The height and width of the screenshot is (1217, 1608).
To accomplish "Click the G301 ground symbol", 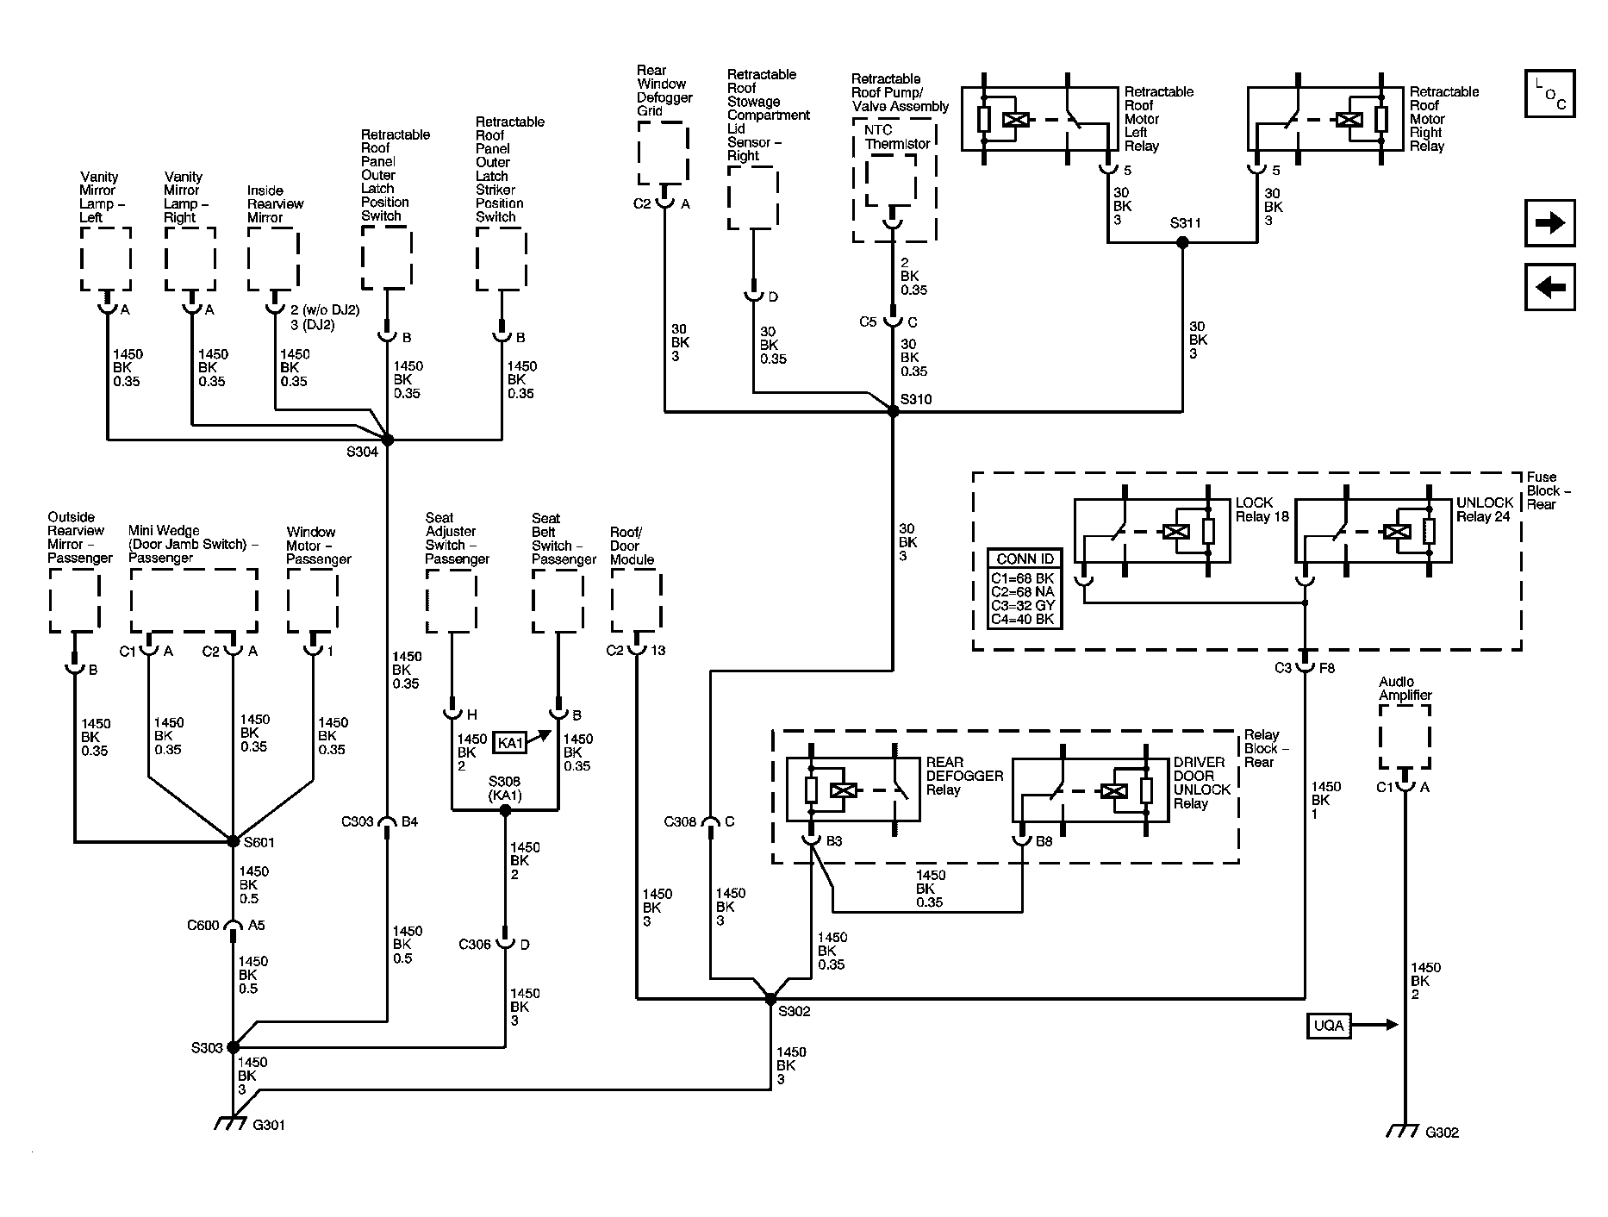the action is (228, 1124).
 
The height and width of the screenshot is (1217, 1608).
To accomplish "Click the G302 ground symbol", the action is (1402, 1131).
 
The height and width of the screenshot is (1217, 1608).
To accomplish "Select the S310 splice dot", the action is (893, 412).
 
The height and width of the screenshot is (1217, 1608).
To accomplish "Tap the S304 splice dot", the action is (387, 440).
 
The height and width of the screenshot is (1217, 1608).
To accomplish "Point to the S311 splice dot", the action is (1182, 243).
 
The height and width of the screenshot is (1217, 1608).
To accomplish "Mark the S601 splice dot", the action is (233, 841).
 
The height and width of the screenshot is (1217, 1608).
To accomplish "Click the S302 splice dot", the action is (770, 999).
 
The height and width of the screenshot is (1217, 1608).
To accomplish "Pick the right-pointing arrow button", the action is (1549, 224).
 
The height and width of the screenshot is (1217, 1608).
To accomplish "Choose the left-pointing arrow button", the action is (1549, 287).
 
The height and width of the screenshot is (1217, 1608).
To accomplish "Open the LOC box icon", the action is (1549, 93).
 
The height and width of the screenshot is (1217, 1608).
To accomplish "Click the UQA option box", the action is (1328, 1026).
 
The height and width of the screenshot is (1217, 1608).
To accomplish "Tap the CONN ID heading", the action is (1025, 559).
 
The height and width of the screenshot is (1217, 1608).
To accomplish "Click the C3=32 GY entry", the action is (1023, 606).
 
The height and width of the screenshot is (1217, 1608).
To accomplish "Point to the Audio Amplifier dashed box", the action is (1405, 736).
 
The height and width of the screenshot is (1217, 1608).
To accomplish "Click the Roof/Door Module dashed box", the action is (636, 601).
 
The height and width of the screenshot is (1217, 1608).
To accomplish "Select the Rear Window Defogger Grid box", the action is (664, 153).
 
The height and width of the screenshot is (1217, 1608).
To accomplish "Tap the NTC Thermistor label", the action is (897, 137).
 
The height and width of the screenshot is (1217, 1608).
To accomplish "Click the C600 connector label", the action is (203, 926).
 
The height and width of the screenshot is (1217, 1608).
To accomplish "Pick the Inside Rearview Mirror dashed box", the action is (273, 259).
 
